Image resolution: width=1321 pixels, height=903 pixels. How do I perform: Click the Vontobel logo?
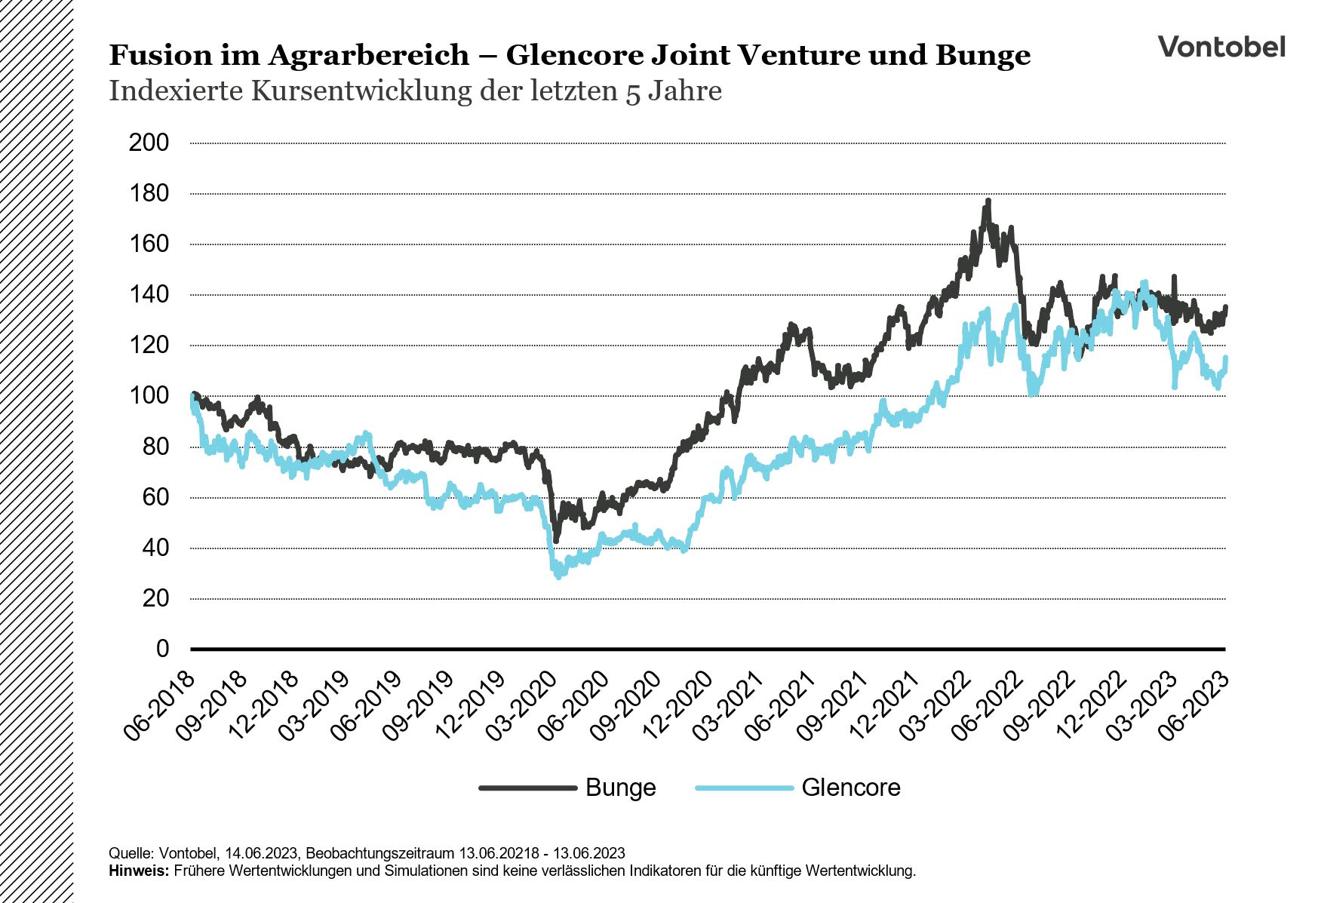(1221, 47)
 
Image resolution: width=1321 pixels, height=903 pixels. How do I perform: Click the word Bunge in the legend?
(620, 788)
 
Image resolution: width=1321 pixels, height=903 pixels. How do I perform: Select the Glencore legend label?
(850, 788)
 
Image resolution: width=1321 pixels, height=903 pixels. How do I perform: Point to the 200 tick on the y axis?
(149, 143)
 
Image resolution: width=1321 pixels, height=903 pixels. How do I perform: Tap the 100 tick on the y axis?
(149, 396)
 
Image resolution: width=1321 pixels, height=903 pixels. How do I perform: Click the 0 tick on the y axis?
(162, 649)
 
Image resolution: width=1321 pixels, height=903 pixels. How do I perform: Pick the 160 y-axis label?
(149, 244)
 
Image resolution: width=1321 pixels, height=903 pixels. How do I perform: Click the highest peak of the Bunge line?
(988, 201)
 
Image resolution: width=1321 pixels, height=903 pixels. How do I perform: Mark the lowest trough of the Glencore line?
(558, 576)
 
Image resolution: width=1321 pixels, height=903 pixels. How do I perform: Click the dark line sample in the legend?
(527, 788)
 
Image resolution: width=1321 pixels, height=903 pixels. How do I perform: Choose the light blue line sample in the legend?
(744, 788)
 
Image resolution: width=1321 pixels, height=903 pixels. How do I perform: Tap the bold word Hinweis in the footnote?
(139, 871)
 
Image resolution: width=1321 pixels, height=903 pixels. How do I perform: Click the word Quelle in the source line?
(131, 853)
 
